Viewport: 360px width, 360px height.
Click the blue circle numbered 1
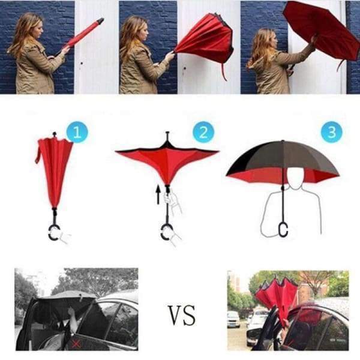click(x=77, y=131)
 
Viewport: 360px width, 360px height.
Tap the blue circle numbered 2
click(x=203, y=132)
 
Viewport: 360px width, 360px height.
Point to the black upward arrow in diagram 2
click(x=158, y=193)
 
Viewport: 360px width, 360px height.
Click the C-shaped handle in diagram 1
click(x=55, y=231)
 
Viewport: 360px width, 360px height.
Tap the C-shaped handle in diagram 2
click(x=166, y=231)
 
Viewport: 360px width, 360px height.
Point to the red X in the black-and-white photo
click(x=76, y=344)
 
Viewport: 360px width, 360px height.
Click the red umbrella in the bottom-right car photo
click(x=277, y=293)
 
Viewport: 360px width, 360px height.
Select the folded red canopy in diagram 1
click(x=55, y=168)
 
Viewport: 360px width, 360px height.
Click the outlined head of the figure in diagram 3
click(x=293, y=178)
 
